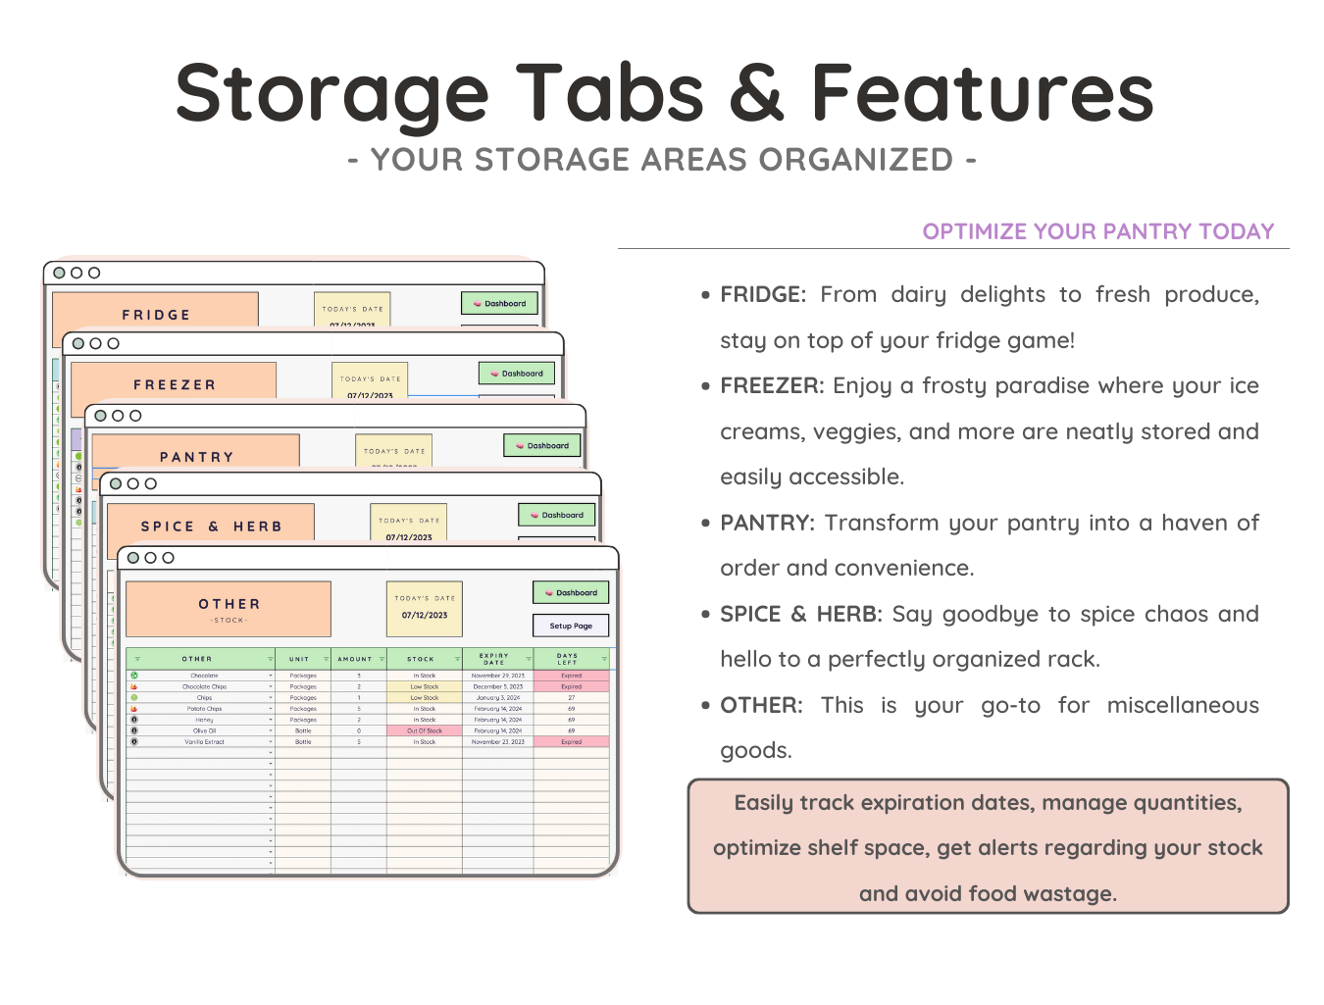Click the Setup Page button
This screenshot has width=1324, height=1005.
pyautogui.click(x=571, y=626)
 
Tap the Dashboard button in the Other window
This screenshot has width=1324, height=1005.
pyautogui.click(x=571, y=592)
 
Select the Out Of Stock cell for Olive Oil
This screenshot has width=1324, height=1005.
pyautogui.click(x=425, y=730)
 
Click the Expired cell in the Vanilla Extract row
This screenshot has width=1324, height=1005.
pyautogui.click(x=572, y=742)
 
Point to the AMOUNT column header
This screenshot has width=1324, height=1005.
pyautogui.click(x=355, y=659)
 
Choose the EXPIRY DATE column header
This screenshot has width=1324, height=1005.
pyautogui.click(x=494, y=659)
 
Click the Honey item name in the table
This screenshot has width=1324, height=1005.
pyautogui.click(x=204, y=720)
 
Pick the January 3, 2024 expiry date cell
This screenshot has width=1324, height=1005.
pyautogui.click(x=497, y=698)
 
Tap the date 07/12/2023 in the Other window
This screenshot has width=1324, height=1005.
pyautogui.click(x=425, y=616)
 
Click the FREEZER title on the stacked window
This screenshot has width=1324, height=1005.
pyautogui.click(x=175, y=385)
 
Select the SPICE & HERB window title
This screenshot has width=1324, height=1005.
pyautogui.click(x=211, y=527)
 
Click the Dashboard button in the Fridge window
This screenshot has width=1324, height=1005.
pyautogui.click(x=500, y=304)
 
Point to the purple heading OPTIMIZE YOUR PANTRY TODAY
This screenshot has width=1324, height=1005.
pyautogui.click(x=1098, y=231)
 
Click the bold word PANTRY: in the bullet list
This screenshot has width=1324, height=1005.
pyautogui.click(x=767, y=523)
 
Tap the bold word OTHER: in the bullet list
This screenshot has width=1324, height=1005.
pyautogui.click(x=761, y=705)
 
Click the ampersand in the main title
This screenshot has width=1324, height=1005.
pyautogui.click(x=756, y=93)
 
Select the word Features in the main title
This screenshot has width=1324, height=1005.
pyautogui.click(x=982, y=93)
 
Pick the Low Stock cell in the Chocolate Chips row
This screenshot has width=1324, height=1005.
pyautogui.click(x=425, y=686)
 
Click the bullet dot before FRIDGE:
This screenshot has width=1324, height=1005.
pyautogui.click(x=705, y=295)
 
